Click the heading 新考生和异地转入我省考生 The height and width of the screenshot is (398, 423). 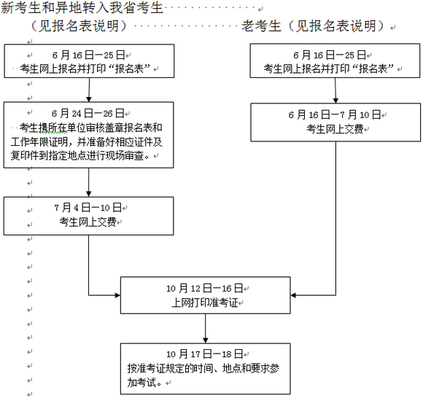83,8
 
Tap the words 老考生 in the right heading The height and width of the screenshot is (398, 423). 262,26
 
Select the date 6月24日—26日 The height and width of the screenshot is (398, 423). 89,114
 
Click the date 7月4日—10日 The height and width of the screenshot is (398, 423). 89,208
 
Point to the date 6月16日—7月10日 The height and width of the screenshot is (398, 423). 336,114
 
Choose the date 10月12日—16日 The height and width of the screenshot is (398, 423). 205,289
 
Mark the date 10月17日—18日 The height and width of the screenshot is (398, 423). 205,355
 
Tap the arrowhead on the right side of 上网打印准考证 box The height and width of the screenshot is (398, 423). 294,295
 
